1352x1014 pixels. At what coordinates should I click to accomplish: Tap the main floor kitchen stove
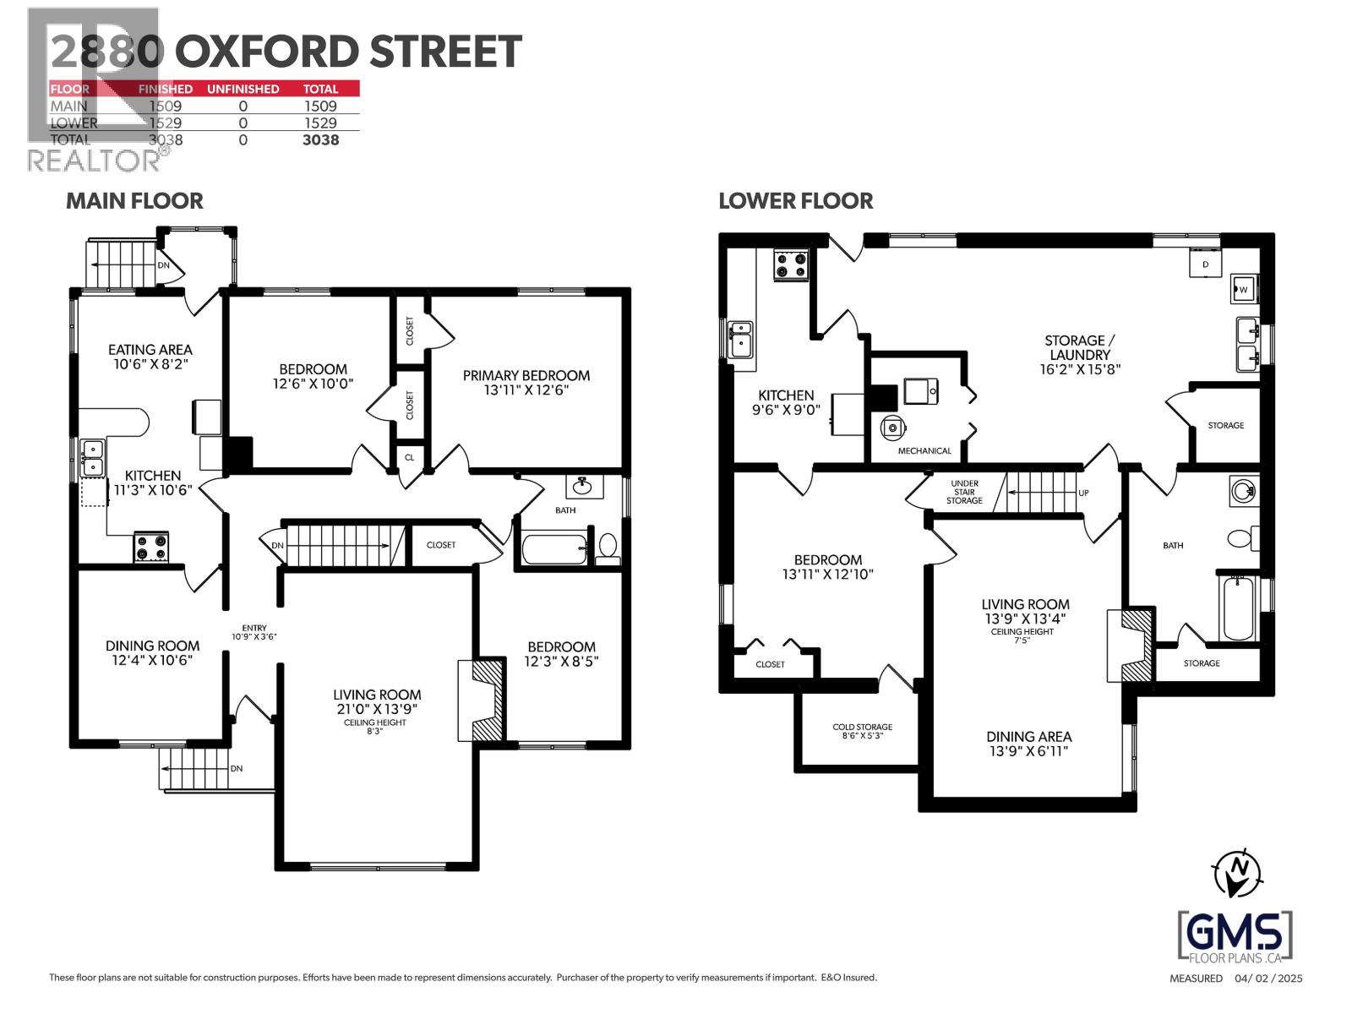click(x=151, y=547)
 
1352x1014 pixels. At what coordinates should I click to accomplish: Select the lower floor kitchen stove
click(x=791, y=264)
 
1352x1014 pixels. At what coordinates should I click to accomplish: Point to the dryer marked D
click(x=1206, y=264)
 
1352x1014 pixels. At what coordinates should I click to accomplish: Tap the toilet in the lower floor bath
click(x=1241, y=538)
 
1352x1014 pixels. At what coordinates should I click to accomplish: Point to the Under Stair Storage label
click(x=964, y=492)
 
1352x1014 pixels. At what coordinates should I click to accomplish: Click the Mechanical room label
click(x=924, y=451)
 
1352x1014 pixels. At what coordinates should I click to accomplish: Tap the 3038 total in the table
click(x=321, y=140)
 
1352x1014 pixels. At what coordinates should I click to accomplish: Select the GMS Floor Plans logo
click(x=1235, y=936)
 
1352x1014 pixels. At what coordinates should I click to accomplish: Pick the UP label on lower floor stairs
click(x=1083, y=493)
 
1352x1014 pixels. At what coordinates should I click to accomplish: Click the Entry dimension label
click(x=254, y=632)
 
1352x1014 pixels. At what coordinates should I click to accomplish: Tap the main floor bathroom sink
click(x=582, y=486)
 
